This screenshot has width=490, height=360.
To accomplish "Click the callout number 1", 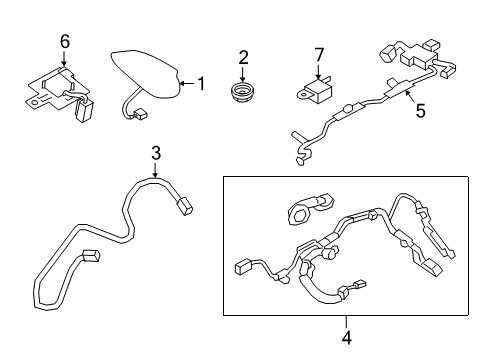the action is pos(201,83).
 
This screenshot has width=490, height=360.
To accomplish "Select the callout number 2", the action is pos(243,57).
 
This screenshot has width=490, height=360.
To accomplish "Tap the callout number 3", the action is pos(156,153).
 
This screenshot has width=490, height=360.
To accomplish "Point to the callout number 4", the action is pos(347,338).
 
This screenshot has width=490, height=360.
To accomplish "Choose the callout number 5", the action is pos(420,111).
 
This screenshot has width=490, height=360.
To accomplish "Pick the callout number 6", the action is pos(65,42).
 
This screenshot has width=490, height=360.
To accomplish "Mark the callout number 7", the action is pos(319,55).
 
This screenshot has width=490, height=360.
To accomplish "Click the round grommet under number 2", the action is pos(242,91).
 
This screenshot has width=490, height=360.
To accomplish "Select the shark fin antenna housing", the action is pos(145,74).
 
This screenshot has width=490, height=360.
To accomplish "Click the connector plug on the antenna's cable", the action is pos(140,115).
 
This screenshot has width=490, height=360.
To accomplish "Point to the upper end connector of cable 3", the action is pos(185,206).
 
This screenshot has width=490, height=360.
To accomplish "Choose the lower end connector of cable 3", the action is pos(91,256).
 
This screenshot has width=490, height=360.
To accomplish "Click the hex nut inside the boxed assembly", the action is pos(298,213).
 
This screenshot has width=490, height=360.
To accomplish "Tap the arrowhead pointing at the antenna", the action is pos(182,83).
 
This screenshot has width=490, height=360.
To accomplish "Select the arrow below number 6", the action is pos(64,58).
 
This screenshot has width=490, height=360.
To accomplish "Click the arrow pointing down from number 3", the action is pos(155,170).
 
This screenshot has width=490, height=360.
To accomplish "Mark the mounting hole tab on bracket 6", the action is pos(33,102).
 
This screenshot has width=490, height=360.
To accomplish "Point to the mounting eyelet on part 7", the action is pos(304,95).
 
